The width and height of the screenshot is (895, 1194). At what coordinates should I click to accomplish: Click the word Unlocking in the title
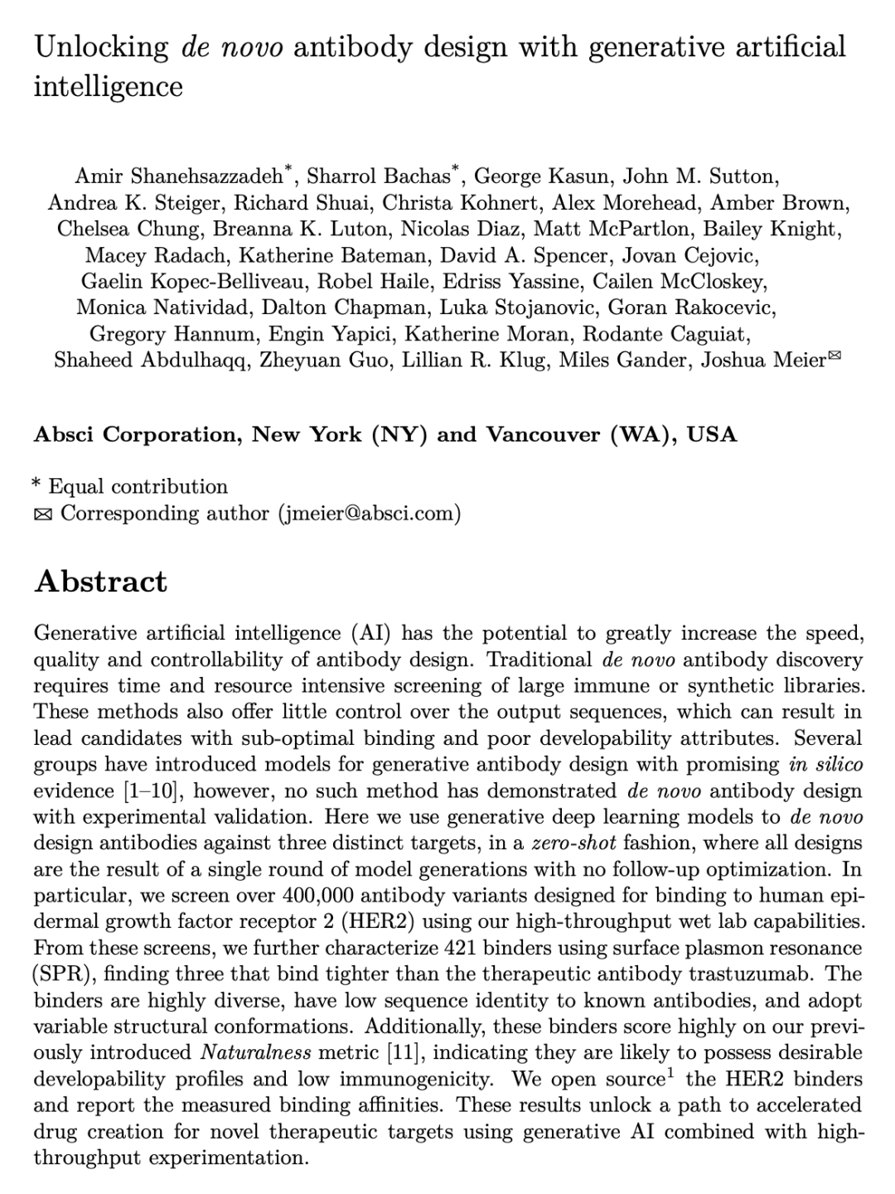[x=101, y=46]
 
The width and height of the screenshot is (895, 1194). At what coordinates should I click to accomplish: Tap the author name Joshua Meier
[x=763, y=360]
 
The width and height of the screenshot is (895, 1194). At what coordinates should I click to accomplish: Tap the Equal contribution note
[x=138, y=486]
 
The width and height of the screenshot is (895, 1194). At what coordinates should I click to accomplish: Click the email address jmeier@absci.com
[x=370, y=513]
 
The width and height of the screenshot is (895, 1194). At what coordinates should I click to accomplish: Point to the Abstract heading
[x=100, y=582]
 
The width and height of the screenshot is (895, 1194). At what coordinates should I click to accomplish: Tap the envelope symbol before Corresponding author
[x=42, y=515]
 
